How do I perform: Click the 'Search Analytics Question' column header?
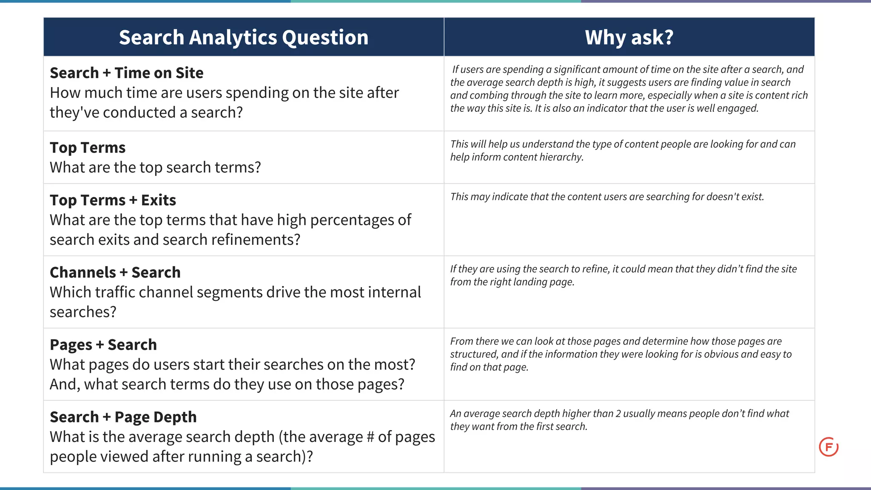tap(244, 37)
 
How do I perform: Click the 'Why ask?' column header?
tap(629, 37)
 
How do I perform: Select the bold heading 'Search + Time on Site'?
tap(126, 73)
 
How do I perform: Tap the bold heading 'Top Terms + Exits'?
tap(113, 200)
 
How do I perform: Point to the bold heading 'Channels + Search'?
tap(115, 272)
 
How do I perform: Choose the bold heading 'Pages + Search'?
tap(103, 345)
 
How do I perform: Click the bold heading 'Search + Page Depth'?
tap(123, 417)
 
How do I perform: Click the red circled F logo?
tap(828, 447)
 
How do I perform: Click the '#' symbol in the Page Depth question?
tap(369, 437)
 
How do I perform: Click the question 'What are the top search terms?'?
tap(155, 167)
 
